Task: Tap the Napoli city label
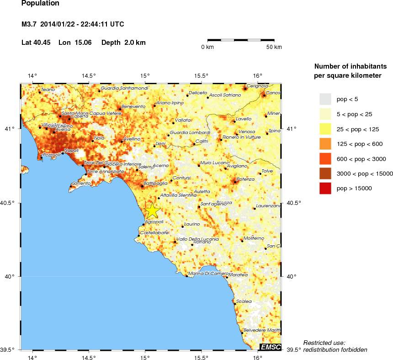pos(72,150)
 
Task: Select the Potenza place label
pos(245,179)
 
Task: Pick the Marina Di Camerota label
pos(205,274)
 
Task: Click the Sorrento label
pos(82,183)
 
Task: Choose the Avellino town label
pos(132,139)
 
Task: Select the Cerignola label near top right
pos(257,86)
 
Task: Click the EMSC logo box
pos(270,346)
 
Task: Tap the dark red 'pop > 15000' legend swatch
pos(325,188)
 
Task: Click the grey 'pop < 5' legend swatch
pos(325,99)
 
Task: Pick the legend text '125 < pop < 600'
pos(360,144)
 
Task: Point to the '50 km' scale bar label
pos(274,47)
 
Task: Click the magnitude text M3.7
pos(30,24)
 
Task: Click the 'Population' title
pos(40,3)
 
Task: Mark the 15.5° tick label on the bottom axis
pos(202,355)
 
